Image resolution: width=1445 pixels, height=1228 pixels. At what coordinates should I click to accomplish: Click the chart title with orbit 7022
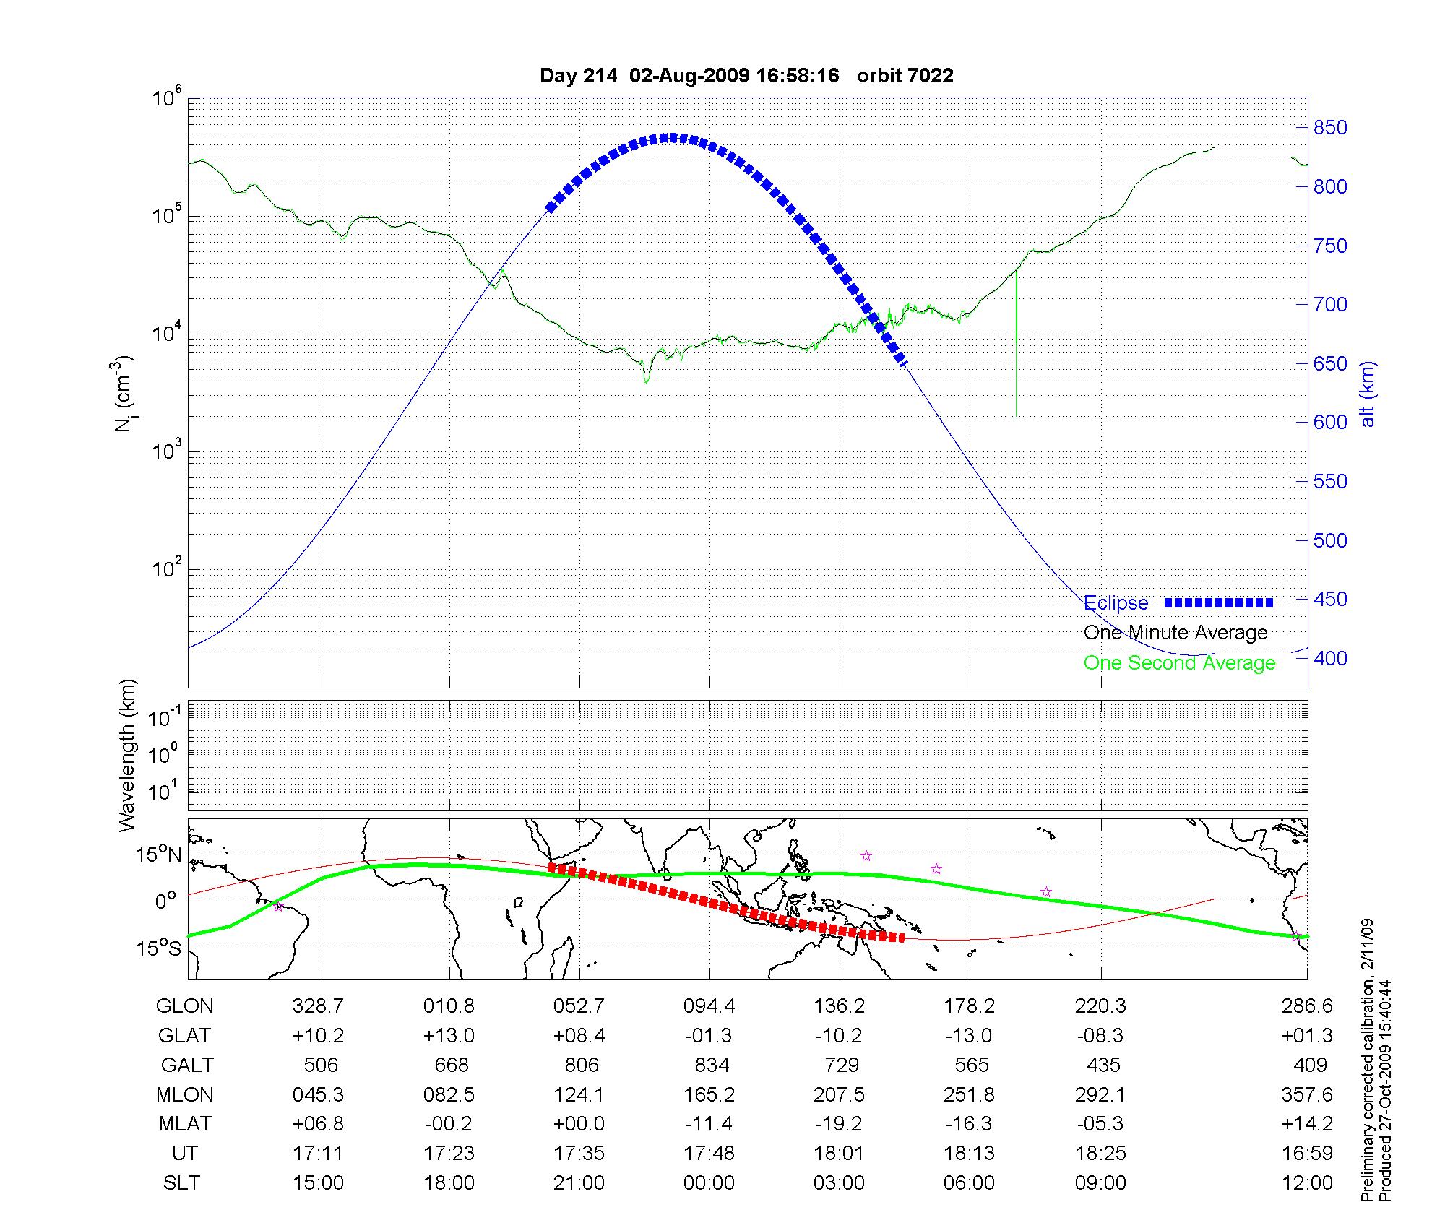[746, 75]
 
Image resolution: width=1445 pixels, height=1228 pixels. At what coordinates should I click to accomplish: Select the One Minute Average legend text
[1176, 633]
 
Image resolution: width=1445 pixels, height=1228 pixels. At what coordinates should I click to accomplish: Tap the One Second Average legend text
[1179, 663]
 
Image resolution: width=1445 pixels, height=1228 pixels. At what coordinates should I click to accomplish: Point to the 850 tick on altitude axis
[1330, 128]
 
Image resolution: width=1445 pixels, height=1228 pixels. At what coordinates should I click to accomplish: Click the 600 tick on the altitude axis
[1330, 422]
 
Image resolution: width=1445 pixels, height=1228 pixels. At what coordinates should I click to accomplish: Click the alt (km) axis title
[1368, 394]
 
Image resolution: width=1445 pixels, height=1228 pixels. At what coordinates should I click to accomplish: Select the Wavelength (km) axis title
[127, 755]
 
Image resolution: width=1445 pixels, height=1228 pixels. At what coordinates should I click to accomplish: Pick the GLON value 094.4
[709, 1006]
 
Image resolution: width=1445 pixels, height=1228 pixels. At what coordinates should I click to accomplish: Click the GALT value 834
[711, 1065]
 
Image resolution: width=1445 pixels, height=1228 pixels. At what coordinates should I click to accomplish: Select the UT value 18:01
[839, 1153]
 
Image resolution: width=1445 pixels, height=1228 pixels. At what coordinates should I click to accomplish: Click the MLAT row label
[185, 1124]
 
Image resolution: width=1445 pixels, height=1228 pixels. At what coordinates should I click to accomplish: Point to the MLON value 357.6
[1307, 1094]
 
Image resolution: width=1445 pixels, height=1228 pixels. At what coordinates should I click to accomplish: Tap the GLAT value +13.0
[449, 1035]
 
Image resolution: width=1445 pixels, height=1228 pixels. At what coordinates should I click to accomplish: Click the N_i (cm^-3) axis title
[124, 394]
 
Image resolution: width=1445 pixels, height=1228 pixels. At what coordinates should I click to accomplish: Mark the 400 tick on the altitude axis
[1330, 658]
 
